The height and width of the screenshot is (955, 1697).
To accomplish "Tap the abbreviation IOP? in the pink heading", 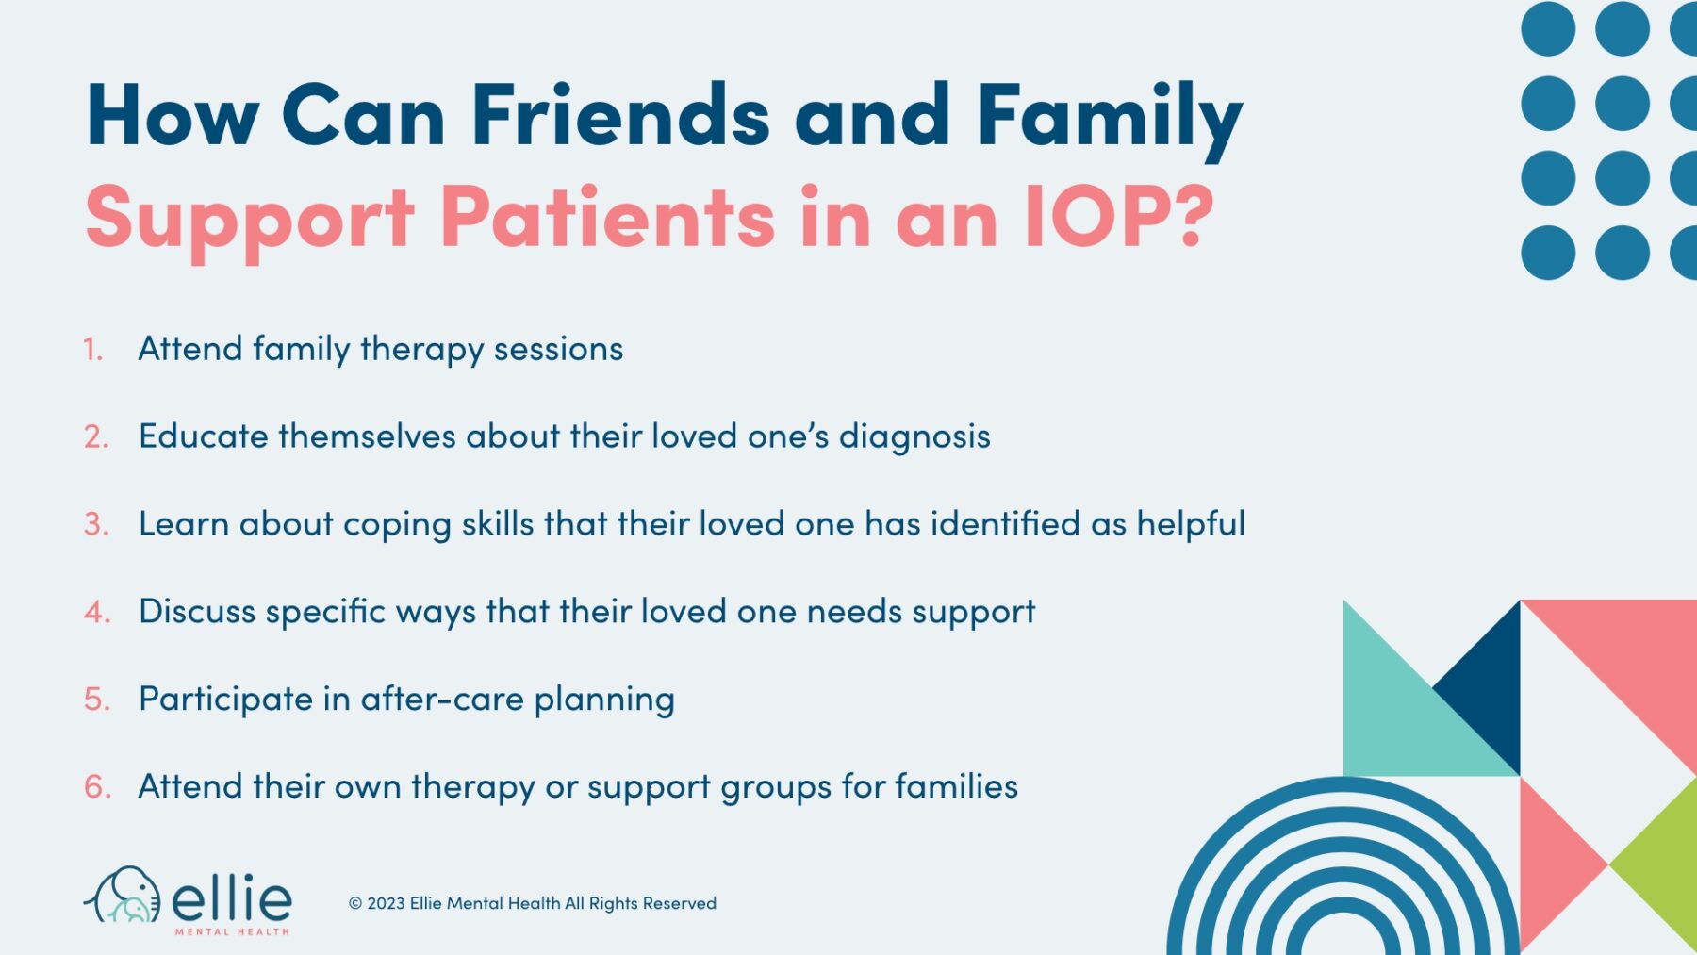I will (x=1118, y=217).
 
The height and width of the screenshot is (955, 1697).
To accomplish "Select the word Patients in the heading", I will (x=607, y=217).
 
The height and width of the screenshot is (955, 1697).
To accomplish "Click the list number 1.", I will (x=92, y=350).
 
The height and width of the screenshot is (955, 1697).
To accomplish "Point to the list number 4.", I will (x=97, y=613).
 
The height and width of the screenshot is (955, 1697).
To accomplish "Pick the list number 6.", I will (x=97, y=787).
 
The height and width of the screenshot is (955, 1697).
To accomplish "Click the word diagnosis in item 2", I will (x=914, y=437).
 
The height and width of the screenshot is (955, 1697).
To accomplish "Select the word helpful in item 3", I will (x=1191, y=524).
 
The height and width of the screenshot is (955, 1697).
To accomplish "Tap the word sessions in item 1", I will (x=558, y=349).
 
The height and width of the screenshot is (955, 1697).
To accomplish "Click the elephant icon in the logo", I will (x=123, y=896).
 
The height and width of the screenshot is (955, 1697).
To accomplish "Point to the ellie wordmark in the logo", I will (x=232, y=897).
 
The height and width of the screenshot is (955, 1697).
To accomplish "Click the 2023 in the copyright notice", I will (x=386, y=903).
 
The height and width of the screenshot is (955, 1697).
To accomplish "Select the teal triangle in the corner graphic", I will (x=1395, y=726).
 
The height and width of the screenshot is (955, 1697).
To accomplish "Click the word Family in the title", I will (x=1109, y=118).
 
